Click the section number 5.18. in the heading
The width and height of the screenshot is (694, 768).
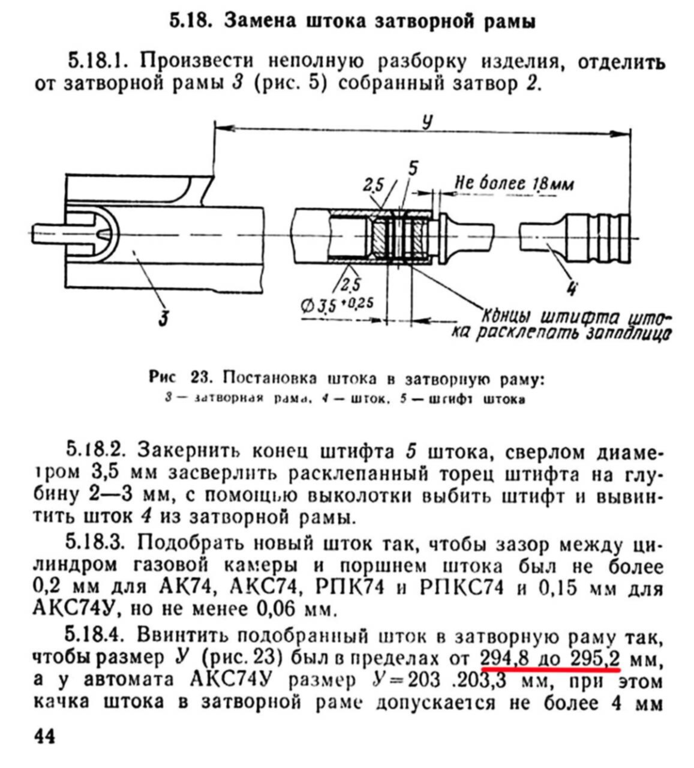[x=189, y=22]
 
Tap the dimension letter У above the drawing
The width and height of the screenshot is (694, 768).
[x=426, y=122]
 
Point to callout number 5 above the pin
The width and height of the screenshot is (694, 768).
[x=413, y=169]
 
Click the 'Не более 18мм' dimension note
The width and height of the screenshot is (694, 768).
[x=513, y=182]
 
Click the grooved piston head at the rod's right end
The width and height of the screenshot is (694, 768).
[x=596, y=238]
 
